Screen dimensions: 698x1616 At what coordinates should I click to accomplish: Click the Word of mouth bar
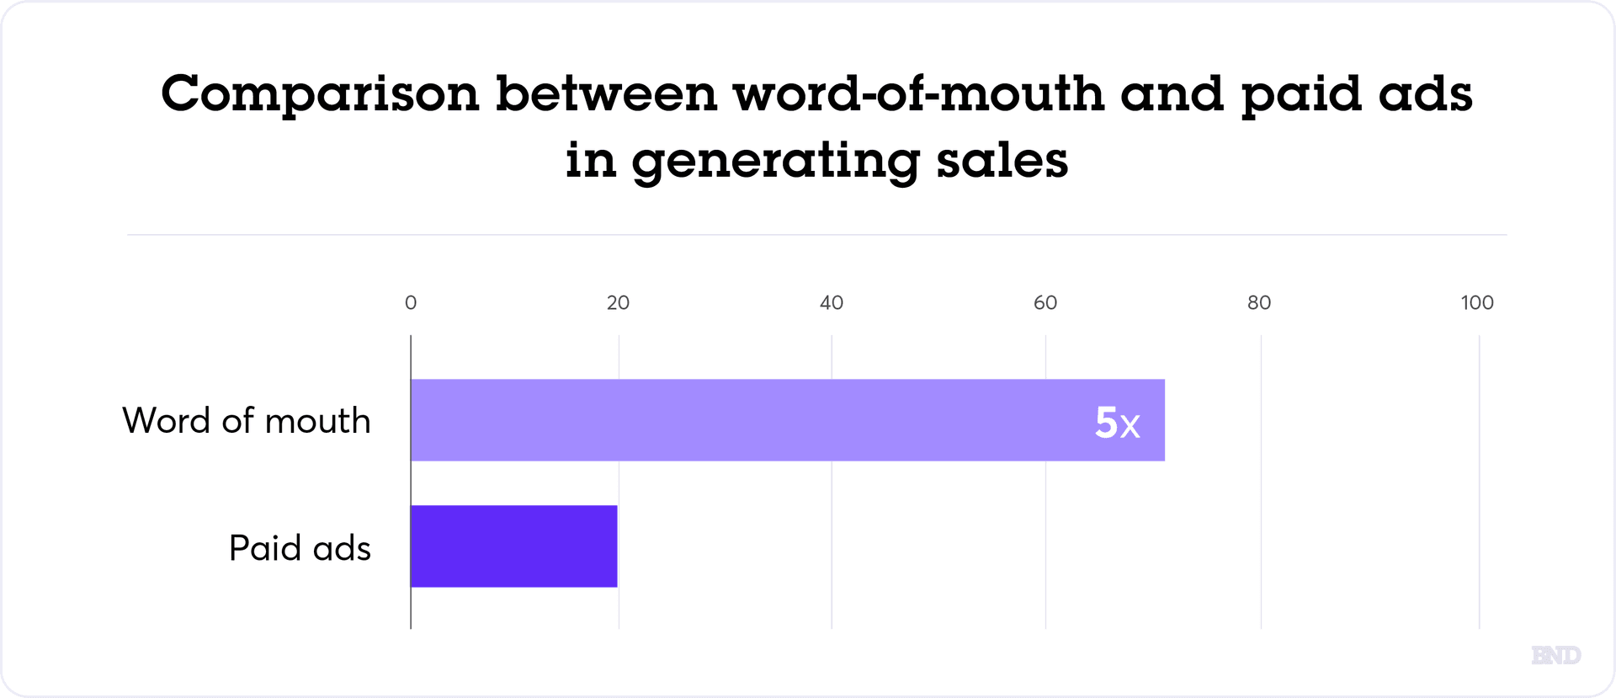787,420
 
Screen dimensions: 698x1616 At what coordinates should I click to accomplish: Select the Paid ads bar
514,546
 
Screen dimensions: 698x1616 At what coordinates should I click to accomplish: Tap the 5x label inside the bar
1117,422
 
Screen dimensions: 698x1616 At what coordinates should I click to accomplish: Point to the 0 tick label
411,303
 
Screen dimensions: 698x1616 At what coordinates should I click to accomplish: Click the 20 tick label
618,303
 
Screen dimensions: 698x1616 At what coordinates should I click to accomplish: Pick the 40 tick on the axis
832,303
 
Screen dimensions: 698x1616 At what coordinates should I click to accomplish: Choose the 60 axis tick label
1045,303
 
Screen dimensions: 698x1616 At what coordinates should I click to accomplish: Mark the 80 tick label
1259,303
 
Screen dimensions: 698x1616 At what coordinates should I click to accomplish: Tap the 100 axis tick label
1477,303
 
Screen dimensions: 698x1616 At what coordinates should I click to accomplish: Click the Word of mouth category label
247,420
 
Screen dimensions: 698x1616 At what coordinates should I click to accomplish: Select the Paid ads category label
300,548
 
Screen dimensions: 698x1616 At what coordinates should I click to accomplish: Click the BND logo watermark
1555,655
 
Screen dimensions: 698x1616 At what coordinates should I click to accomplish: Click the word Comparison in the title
320,94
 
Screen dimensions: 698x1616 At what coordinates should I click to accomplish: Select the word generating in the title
775,162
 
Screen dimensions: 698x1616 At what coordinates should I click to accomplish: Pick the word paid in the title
1301,94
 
